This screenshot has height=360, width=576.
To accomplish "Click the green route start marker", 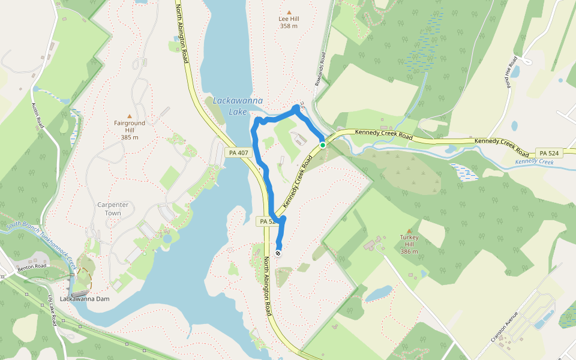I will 322,145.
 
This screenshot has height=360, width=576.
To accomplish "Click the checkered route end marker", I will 278,253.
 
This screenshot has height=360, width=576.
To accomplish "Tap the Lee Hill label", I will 289,22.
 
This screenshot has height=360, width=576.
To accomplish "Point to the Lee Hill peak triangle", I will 289,12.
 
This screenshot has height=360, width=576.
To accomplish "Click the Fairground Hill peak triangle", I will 129,116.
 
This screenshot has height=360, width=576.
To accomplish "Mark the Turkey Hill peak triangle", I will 409,230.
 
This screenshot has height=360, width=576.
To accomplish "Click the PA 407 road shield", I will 238,153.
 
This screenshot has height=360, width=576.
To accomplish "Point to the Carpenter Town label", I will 113,209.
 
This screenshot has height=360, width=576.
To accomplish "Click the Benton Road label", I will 32,266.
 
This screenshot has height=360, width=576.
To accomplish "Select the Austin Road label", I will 38,115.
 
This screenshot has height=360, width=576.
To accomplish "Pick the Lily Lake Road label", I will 53,310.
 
